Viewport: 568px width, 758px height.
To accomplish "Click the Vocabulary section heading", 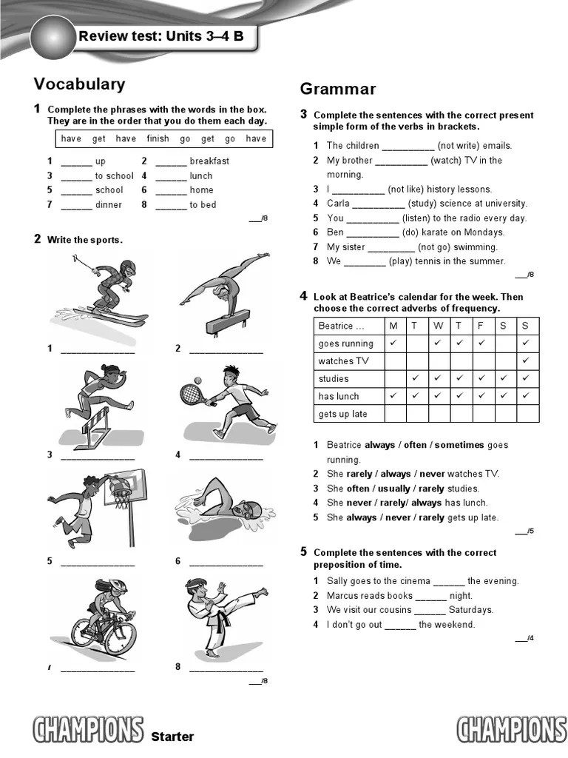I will click(79, 84).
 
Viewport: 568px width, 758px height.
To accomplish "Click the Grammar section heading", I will click(337, 90).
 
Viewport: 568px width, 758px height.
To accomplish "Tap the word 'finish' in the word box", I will click(158, 138).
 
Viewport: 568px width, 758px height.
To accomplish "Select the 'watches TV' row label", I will click(343, 361).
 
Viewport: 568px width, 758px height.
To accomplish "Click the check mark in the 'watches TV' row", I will click(526, 360).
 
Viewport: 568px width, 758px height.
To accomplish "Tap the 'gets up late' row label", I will click(342, 414).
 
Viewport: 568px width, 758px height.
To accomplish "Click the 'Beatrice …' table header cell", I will click(341, 326).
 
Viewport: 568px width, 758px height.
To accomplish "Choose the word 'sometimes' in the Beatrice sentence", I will click(459, 445).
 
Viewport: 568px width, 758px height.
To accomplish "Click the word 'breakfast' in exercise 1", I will click(209, 161).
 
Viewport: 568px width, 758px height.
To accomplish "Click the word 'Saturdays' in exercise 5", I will click(471, 610).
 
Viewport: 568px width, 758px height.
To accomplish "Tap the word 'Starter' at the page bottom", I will click(172, 737).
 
